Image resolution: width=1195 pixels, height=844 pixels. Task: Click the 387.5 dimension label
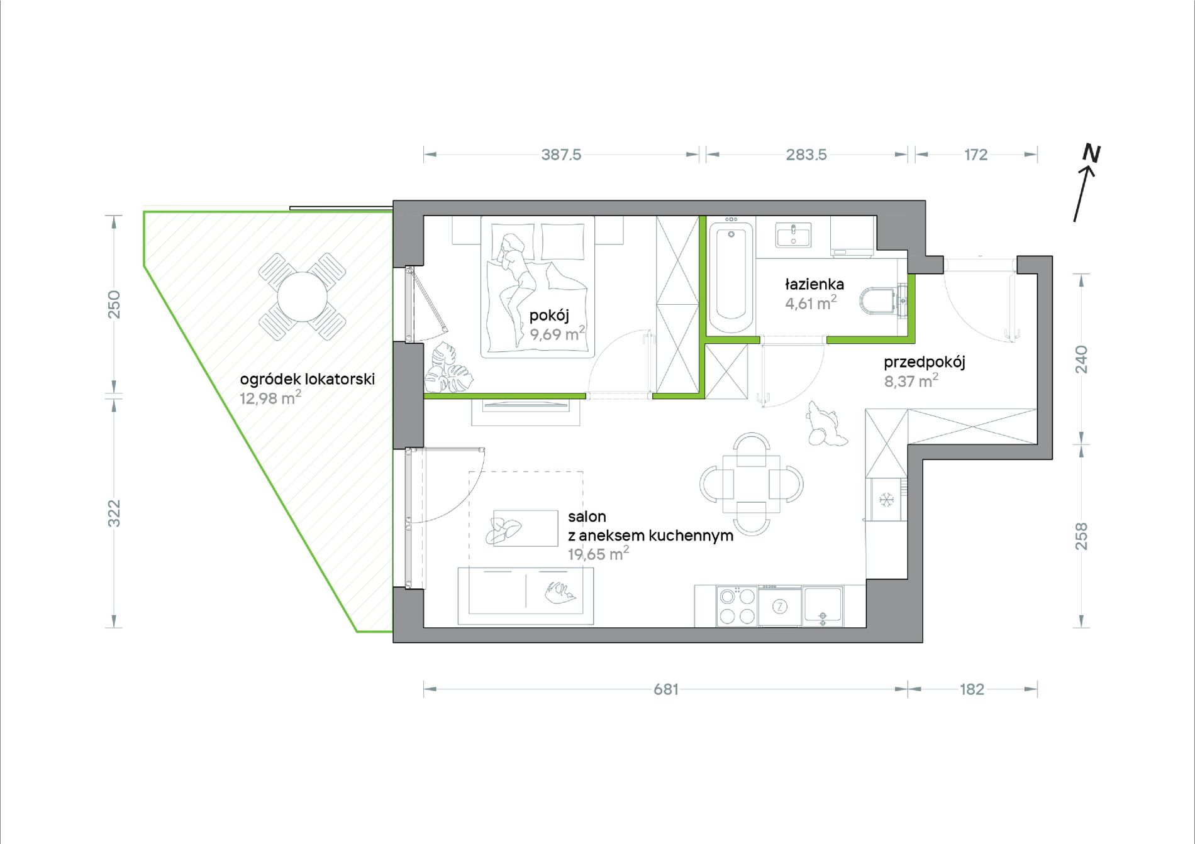click(561, 155)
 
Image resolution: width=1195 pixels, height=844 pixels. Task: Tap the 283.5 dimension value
click(806, 155)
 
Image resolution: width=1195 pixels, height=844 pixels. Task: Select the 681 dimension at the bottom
click(666, 689)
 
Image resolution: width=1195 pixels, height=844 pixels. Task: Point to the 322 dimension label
click(114, 513)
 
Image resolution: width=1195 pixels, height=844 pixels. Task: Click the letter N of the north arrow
click(1091, 153)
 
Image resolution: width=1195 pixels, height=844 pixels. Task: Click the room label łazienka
click(814, 284)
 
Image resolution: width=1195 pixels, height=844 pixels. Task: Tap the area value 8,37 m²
click(911, 381)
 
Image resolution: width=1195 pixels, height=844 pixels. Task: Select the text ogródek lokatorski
click(308, 380)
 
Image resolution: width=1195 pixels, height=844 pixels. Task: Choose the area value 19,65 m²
click(598, 554)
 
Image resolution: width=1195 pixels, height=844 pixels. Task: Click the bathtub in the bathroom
click(731, 278)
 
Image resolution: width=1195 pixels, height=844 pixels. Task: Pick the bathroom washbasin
click(793, 234)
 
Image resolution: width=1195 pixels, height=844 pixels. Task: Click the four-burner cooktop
click(736, 606)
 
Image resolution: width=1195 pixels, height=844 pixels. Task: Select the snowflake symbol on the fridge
click(886, 500)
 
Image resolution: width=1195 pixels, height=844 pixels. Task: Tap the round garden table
click(303, 297)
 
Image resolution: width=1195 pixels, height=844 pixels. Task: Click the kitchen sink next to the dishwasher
click(822, 606)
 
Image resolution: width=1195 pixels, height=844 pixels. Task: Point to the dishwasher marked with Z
click(780, 606)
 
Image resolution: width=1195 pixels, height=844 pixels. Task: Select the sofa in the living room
click(526, 596)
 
